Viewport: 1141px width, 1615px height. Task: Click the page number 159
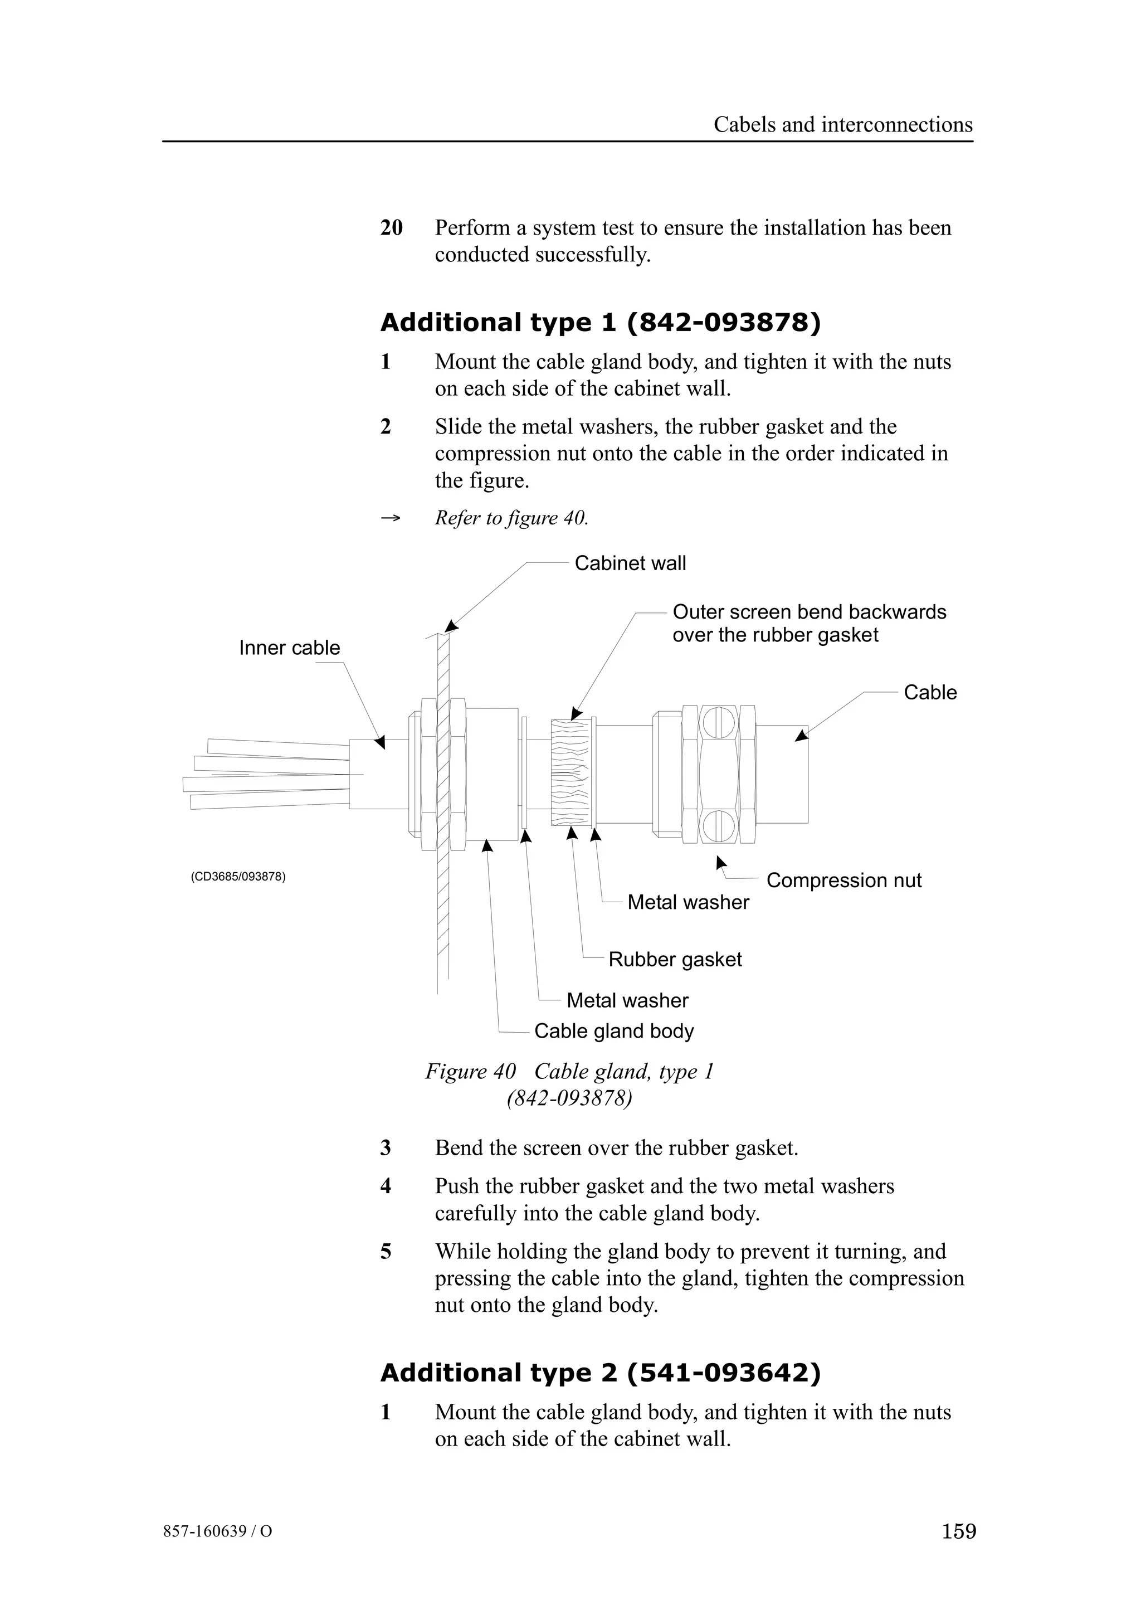point(958,1531)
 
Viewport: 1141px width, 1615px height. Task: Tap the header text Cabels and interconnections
point(842,124)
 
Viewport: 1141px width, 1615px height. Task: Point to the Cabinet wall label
point(630,563)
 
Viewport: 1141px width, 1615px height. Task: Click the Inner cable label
point(289,648)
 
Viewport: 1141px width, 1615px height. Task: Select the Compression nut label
point(843,881)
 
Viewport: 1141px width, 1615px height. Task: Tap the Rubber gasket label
point(674,960)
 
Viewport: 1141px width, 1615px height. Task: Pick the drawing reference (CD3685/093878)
point(238,877)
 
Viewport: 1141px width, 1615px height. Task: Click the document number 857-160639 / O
point(217,1531)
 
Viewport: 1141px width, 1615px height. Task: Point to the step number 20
point(391,228)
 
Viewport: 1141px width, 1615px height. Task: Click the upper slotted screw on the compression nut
point(719,722)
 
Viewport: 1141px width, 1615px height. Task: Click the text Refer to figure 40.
point(511,518)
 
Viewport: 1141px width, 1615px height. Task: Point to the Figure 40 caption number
point(470,1072)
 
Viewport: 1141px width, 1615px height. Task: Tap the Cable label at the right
point(929,693)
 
